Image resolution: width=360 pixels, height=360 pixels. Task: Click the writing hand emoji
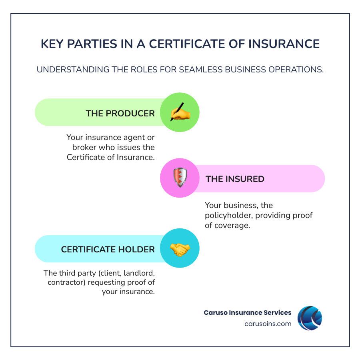(180, 112)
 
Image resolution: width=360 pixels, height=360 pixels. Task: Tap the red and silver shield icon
(180, 178)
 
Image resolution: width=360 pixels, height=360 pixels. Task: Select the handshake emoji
(180, 250)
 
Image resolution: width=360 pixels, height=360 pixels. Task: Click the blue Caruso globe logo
(310, 318)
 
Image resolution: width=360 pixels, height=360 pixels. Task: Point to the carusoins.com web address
(268, 324)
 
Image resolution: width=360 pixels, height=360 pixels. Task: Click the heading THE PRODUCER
(120, 114)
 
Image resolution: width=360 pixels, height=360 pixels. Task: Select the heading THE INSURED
(235, 179)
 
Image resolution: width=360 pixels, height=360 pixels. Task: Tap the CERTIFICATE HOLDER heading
(108, 249)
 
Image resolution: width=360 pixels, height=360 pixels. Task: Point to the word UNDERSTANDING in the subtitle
(73, 69)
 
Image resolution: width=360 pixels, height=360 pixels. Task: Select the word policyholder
(229, 215)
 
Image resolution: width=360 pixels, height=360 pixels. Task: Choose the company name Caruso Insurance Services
(248, 312)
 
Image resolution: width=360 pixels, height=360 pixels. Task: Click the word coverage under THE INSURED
(232, 226)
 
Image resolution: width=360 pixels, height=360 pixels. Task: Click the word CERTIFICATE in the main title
(187, 44)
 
